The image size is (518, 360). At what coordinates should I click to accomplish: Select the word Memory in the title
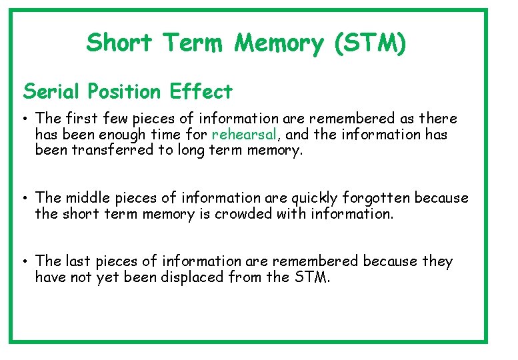click(x=278, y=43)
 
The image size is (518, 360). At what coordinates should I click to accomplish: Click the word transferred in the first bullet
click(x=107, y=150)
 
